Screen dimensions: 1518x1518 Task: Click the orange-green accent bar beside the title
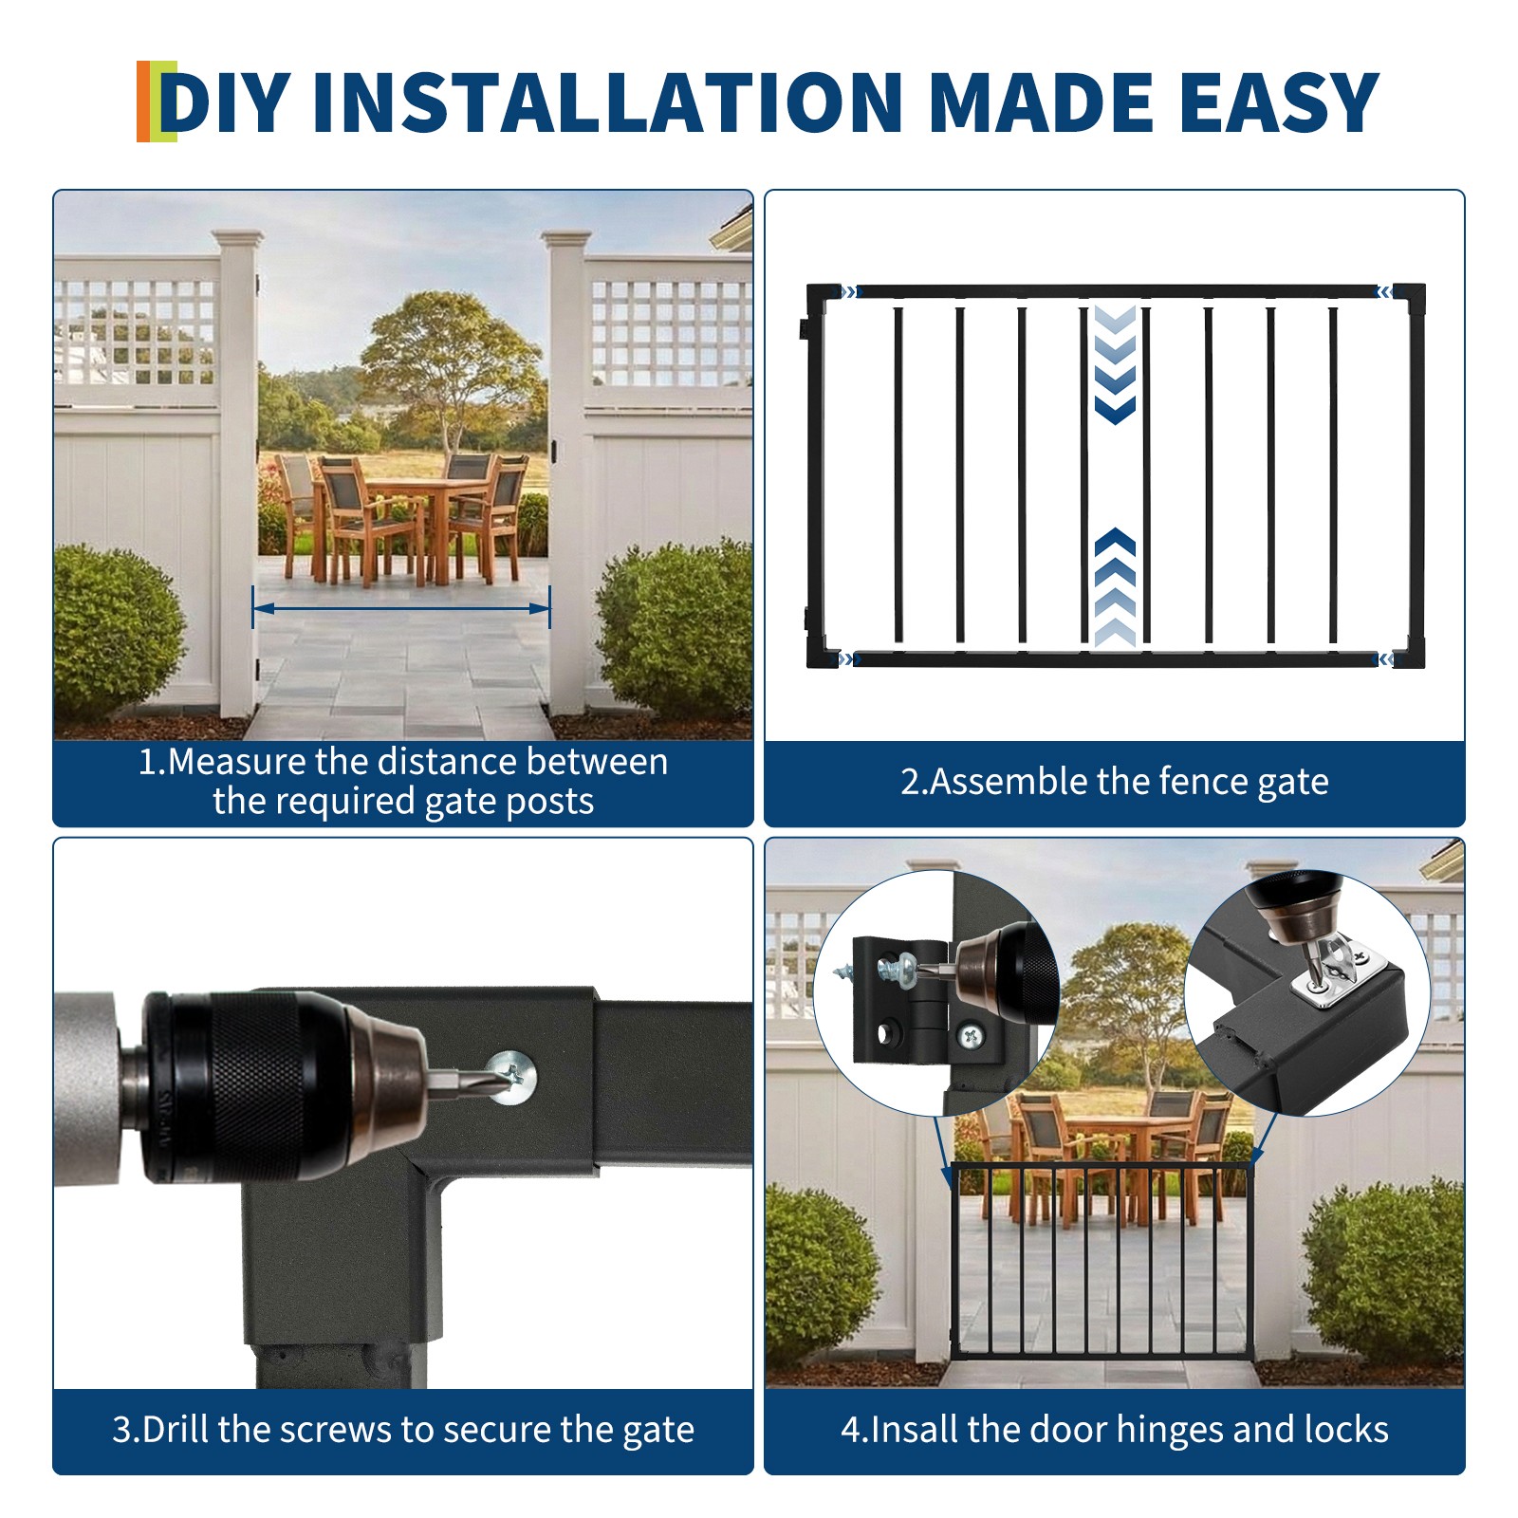click(x=156, y=102)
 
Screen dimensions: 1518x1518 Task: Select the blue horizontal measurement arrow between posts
click(x=401, y=608)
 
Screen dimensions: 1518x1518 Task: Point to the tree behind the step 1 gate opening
click(x=446, y=361)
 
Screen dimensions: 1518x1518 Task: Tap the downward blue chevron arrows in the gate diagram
click(x=1115, y=365)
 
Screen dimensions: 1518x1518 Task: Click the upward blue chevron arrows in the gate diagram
click(x=1115, y=588)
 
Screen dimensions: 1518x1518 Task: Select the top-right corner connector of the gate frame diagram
click(x=1408, y=294)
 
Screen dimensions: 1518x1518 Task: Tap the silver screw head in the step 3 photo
click(x=512, y=1077)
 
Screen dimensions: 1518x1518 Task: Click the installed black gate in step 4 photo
click(x=1101, y=1262)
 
